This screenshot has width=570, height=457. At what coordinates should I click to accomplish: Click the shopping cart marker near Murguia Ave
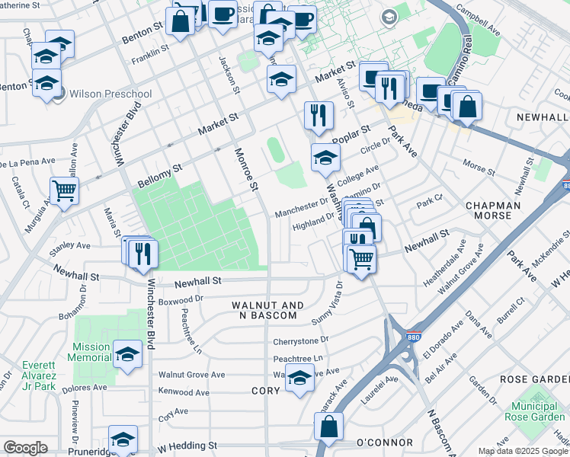coord(64,190)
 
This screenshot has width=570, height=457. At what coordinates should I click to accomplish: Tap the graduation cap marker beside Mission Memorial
coord(127,353)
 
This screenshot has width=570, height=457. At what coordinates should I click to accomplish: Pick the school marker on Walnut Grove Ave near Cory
coord(299,377)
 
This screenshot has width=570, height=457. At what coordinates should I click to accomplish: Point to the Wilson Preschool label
coord(110,94)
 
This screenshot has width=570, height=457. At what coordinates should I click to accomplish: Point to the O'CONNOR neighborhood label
coord(384,443)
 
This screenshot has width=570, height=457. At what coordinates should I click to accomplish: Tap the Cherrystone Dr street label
coord(301,340)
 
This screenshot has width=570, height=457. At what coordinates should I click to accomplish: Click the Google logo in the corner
coord(25,448)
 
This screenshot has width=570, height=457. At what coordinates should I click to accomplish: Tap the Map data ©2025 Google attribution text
coord(523,451)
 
